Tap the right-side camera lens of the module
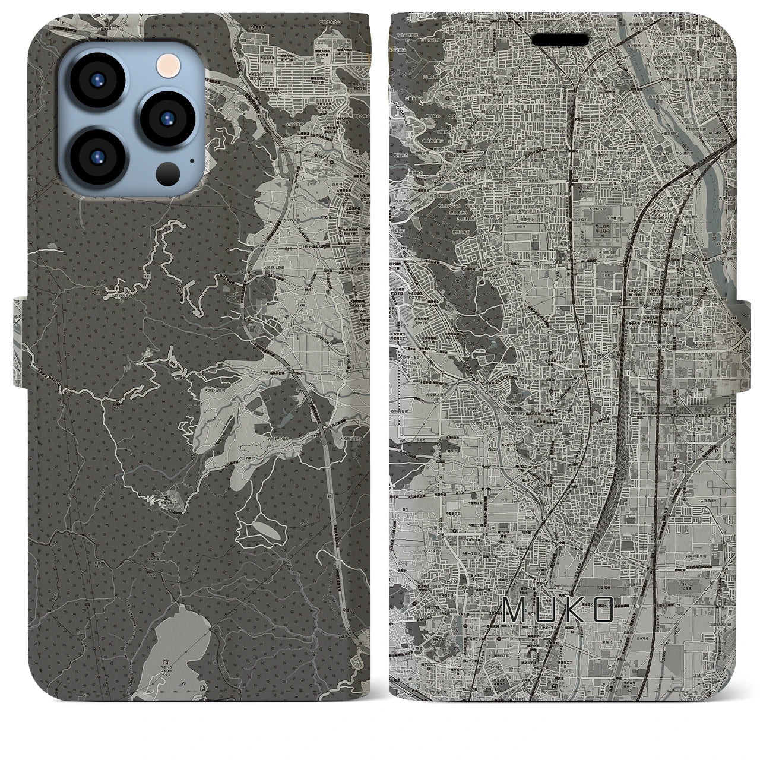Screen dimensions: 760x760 pyautogui.click(x=166, y=116)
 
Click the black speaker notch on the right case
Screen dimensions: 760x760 pyautogui.click(x=560, y=40)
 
